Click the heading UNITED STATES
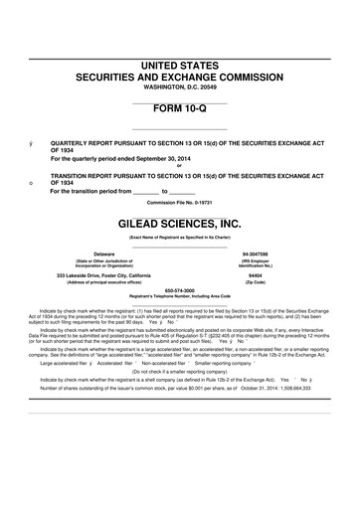coord(179,65)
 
